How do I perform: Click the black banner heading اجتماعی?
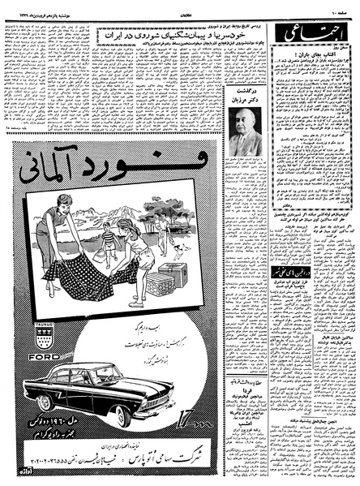[x=313, y=32]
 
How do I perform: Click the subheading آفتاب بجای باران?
[x=313, y=52]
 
